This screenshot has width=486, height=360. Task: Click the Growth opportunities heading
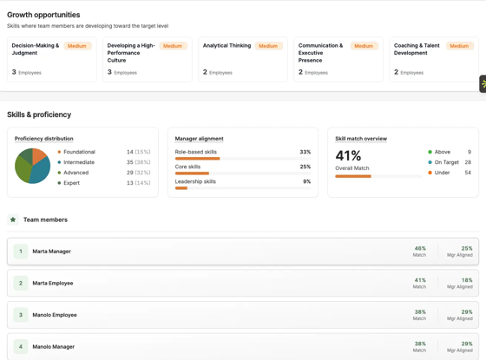coord(43,15)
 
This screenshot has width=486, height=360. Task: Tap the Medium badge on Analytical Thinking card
coord(268,46)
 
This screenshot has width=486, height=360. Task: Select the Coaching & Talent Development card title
coord(417,49)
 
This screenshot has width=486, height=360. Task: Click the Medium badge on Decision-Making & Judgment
coord(77,46)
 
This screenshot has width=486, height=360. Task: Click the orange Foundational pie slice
coord(38,155)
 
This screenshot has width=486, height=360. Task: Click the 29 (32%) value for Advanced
coord(138,173)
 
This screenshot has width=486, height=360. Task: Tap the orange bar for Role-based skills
coord(198,159)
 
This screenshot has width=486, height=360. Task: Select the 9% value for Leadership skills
coord(307,181)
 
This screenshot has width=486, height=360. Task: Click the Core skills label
coord(187,167)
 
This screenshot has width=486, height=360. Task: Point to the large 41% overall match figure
coord(348,155)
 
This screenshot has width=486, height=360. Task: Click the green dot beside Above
coord(430,152)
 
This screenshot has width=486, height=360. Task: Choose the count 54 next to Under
coord(468,173)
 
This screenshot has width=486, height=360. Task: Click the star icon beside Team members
coord(13,219)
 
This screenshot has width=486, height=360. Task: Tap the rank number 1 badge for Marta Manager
coord(21,252)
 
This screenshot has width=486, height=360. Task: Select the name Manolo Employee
coord(55,315)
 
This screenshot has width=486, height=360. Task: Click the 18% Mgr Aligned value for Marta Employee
coord(467,280)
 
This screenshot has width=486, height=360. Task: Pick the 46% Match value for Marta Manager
coord(420,248)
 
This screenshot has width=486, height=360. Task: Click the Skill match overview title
coord(361,139)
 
